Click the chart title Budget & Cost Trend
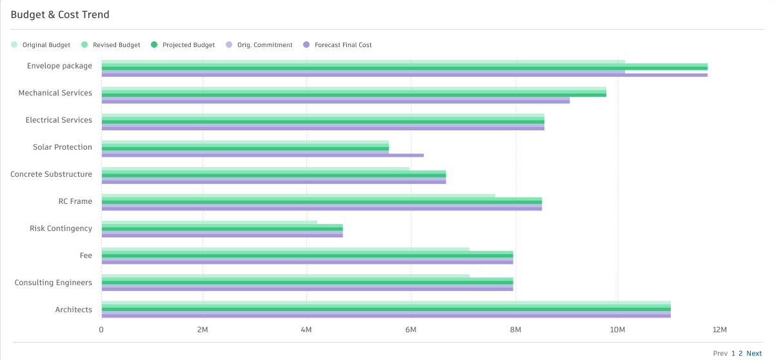pos(60,14)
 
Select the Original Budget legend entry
pos(46,45)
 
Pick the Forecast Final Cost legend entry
pos(342,45)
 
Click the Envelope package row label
pos(59,66)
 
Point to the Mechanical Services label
pos(55,93)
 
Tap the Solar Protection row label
pos(63,147)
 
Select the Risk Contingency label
pos(61,228)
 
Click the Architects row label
pos(74,310)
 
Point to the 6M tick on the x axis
pos(410,330)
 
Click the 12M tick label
pos(720,330)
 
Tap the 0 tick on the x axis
pos(101,330)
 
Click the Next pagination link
pos(754,354)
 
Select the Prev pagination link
pos(720,354)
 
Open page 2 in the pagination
pos(740,354)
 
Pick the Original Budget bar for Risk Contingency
pos(209,223)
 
